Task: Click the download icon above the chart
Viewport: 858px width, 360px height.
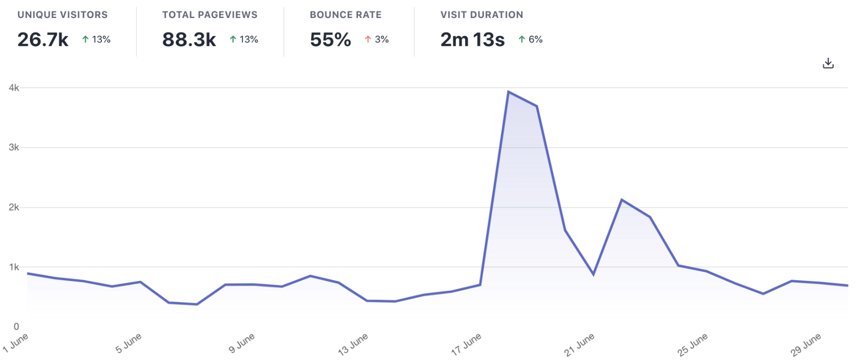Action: pyautogui.click(x=828, y=63)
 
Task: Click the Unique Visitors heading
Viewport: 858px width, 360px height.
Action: pyautogui.click(x=62, y=15)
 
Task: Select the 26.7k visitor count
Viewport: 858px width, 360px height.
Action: pyautogui.click(x=43, y=40)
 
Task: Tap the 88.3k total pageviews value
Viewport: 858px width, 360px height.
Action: pyautogui.click(x=189, y=40)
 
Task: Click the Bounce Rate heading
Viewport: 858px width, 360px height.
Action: pyautogui.click(x=346, y=15)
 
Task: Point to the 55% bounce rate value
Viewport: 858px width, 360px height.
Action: pyautogui.click(x=330, y=40)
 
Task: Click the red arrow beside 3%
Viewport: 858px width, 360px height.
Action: pyautogui.click(x=368, y=39)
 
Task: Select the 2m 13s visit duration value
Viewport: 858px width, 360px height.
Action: pyautogui.click(x=472, y=40)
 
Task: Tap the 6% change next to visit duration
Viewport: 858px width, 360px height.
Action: pyautogui.click(x=535, y=39)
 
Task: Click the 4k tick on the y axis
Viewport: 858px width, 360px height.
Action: pyautogui.click(x=14, y=88)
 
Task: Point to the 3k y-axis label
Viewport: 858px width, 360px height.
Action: pyautogui.click(x=14, y=147)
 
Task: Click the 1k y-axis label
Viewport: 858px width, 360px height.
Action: pyautogui.click(x=14, y=267)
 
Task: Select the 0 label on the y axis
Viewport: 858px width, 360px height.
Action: pyautogui.click(x=16, y=326)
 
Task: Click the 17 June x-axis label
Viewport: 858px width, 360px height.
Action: pyautogui.click(x=466, y=344)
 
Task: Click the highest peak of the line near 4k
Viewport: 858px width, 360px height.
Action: pyautogui.click(x=508, y=92)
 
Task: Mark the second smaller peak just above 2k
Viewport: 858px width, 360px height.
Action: pyautogui.click(x=622, y=200)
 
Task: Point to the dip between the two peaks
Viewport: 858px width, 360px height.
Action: pyautogui.click(x=593, y=275)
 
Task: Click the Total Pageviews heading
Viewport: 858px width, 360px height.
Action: pyautogui.click(x=210, y=15)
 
